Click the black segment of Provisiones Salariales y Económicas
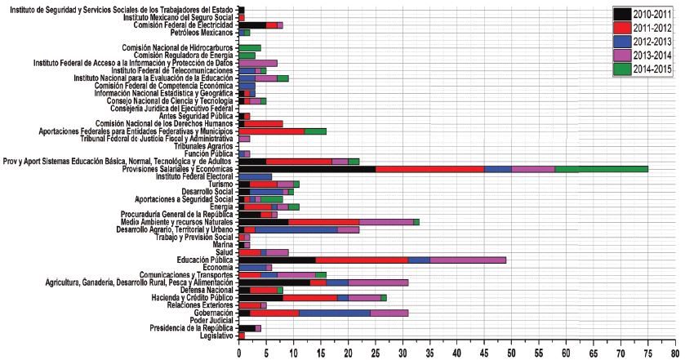pyautogui.click(x=307, y=169)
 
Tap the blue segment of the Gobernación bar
pyautogui.click(x=335, y=313)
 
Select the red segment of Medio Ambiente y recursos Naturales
pyautogui.click(x=323, y=222)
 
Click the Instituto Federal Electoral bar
pyautogui.click(x=255, y=176)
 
